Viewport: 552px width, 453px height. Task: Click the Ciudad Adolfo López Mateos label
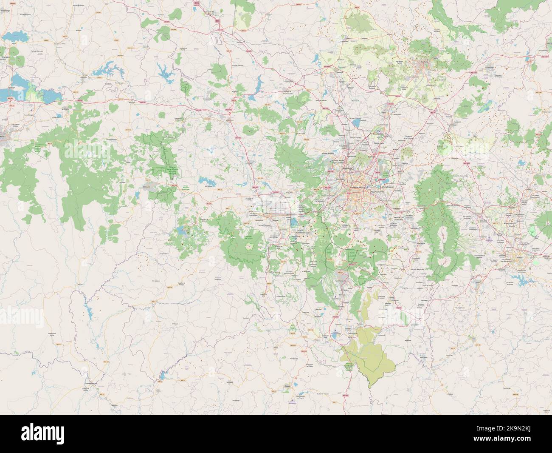pyautogui.click(x=339, y=162)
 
